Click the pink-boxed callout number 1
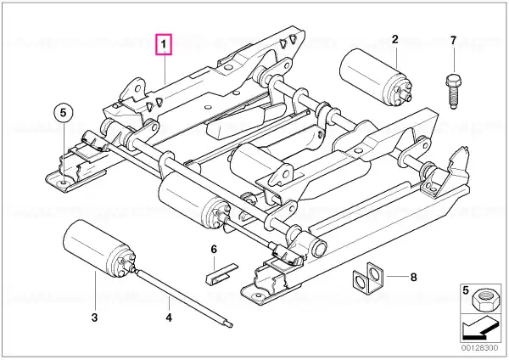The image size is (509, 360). (164, 44)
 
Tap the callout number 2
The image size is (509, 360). (394, 39)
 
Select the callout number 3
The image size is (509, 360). (94, 318)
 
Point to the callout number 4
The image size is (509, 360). (169, 318)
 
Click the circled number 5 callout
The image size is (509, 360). (63, 113)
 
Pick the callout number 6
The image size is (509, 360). (214, 250)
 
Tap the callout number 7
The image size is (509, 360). (453, 40)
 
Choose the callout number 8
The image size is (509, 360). (413, 277)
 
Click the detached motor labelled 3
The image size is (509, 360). (98, 249)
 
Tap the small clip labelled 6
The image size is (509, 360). (221, 274)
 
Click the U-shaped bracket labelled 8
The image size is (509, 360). (367, 276)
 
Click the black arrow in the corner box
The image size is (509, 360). (480, 329)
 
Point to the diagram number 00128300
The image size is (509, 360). (479, 348)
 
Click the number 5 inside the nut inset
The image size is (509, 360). (466, 290)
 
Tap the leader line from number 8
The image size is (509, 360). (397, 277)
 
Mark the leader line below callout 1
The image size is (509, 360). (165, 70)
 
